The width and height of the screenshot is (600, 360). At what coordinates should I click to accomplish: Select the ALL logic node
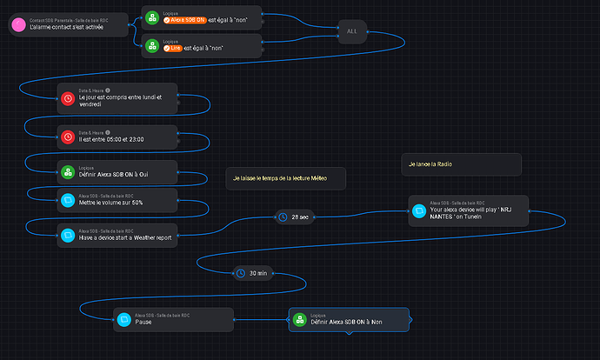[x=351, y=30]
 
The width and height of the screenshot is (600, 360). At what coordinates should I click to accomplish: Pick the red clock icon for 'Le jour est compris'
[x=68, y=98]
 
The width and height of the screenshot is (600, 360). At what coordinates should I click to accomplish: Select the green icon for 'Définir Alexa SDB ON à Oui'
[x=68, y=171]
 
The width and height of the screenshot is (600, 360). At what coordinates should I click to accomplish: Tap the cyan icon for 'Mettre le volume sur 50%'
[x=68, y=199]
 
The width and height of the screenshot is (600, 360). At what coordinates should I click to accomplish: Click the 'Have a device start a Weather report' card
[x=117, y=236]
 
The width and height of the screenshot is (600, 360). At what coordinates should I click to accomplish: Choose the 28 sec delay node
[x=293, y=217]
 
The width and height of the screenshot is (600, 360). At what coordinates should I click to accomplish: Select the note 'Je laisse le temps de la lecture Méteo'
[x=287, y=177]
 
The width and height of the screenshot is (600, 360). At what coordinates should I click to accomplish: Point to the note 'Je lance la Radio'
[x=460, y=163]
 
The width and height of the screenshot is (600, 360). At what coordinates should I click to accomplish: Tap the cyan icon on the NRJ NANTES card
[x=419, y=210]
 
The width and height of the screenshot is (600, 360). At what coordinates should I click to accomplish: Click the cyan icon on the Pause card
[x=124, y=319]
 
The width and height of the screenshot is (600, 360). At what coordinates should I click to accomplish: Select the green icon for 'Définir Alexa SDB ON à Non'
[x=300, y=319]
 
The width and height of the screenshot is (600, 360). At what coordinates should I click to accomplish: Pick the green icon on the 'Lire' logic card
[x=152, y=44]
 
